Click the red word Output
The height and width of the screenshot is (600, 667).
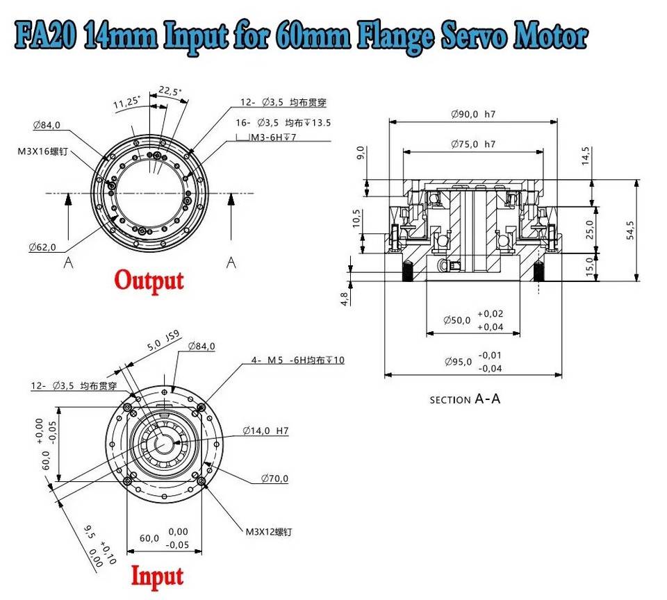pyautogui.click(x=149, y=281)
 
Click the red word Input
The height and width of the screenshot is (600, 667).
pyautogui.click(x=158, y=576)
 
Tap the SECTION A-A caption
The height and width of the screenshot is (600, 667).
pyautogui.click(x=465, y=399)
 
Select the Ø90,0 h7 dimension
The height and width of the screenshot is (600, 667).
pyautogui.click(x=473, y=113)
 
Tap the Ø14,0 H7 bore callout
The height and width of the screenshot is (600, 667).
pyautogui.click(x=265, y=431)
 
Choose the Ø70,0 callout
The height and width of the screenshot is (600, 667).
pyautogui.click(x=274, y=478)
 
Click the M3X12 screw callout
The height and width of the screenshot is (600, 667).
pyautogui.click(x=269, y=532)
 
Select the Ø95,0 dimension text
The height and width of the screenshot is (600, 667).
pyautogui.click(x=457, y=361)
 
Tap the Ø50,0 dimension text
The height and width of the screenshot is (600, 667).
pyautogui.click(x=457, y=320)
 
